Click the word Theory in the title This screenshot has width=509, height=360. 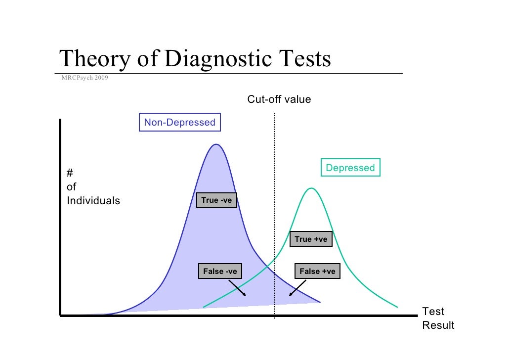point(94,60)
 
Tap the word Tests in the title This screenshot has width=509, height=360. point(302,60)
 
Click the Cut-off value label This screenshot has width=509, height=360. point(279,99)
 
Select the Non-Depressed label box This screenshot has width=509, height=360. point(179,122)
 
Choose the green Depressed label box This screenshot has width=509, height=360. point(350,168)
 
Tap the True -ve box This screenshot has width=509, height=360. point(216,200)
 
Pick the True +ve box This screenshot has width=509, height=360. point(311,239)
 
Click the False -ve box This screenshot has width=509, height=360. point(220,271)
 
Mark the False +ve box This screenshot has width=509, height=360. point(317,271)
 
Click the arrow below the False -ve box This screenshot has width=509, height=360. point(237,287)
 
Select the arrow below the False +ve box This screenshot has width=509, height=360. point(297,288)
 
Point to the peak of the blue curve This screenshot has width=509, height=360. point(216,144)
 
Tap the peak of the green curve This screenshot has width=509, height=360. point(311,188)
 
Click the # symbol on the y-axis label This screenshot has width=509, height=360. point(70,173)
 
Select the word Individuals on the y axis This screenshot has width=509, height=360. point(93,201)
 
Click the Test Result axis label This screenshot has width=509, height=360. point(438,318)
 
